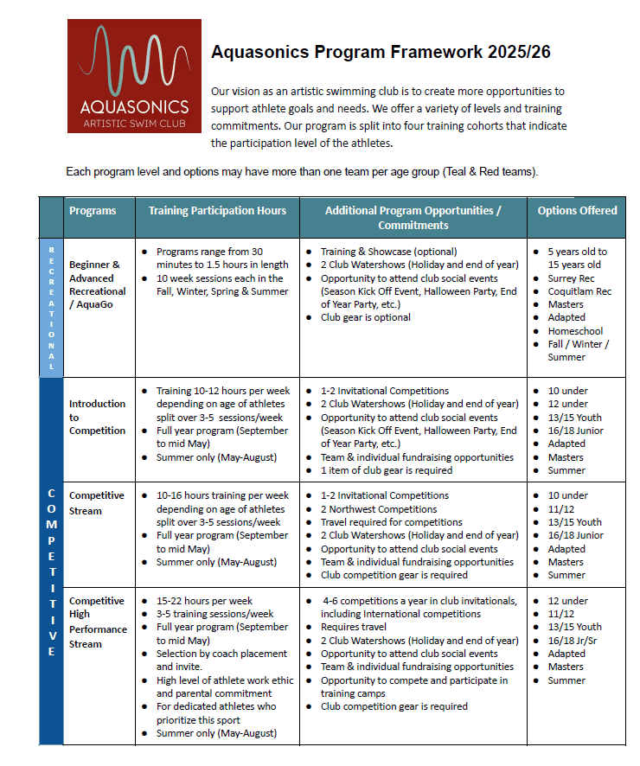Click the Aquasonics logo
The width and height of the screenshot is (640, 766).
pyautogui.click(x=134, y=76)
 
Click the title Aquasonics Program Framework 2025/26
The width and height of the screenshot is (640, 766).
pyautogui.click(x=381, y=52)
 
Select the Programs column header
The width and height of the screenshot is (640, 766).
pyautogui.click(x=93, y=210)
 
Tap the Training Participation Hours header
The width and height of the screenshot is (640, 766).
pyautogui.click(x=217, y=210)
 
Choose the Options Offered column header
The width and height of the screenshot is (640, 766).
pyautogui.click(x=577, y=210)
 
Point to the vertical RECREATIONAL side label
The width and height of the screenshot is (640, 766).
pyautogui.click(x=51, y=307)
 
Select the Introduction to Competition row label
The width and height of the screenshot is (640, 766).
pyautogui.click(x=97, y=417)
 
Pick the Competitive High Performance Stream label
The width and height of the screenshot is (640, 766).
pyautogui.click(x=98, y=622)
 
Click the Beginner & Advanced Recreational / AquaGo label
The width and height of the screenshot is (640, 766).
pyautogui.click(x=97, y=284)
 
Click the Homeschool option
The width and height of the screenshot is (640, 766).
pyautogui.click(x=575, y=331)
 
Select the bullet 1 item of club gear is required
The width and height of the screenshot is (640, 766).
pyautogui.click(x=387, y=470)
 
